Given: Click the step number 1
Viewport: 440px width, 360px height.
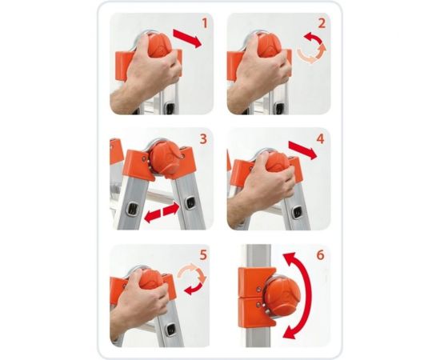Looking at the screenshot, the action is click(x=205, y=23).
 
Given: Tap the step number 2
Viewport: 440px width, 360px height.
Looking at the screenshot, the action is click(x=322, y=23).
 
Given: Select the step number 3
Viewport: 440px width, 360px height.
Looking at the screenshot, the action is click(x=203, y=139).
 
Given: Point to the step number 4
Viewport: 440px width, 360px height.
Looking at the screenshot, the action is click(x=320, y=138).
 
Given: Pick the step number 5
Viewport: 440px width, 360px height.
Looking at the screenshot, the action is click(x=203, y=255).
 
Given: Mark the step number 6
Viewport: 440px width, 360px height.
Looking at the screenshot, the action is click(x=320, y=255).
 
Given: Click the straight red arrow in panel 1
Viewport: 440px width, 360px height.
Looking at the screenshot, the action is click(x=187, y=38).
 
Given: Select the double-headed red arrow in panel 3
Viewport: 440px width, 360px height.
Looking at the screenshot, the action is click(x=162, y=213).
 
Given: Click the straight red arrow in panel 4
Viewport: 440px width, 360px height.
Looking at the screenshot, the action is click(x=303, y=150).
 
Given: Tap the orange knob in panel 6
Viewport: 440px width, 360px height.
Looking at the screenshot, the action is click(x=282, y=298).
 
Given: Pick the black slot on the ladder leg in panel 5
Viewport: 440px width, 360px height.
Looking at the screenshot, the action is click(x=170, y=330).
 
